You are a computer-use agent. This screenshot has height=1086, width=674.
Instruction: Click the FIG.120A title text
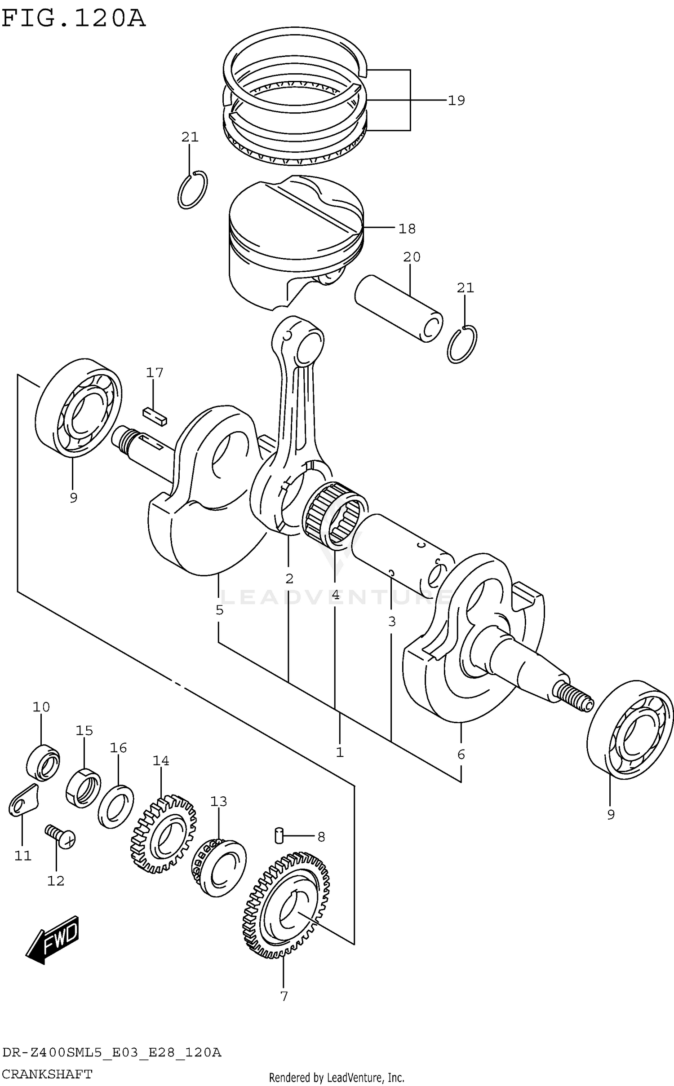tap(73, 19)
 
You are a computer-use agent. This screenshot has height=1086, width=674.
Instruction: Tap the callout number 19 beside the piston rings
tap(456, 101)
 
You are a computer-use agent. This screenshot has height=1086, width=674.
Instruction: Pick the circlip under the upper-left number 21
tap(192, 190)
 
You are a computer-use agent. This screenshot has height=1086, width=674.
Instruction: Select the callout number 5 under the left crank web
tap(219, 610)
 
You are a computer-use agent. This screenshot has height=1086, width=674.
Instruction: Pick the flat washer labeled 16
tap(115, 806)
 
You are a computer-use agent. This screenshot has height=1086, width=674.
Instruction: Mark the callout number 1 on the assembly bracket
tap(340, 752)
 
